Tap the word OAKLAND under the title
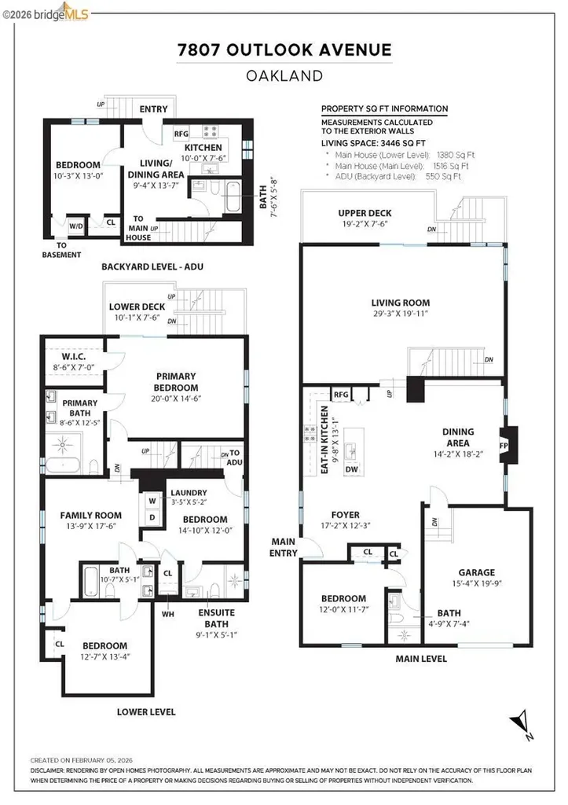tap(284, 76)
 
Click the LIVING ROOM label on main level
tap(400, 303)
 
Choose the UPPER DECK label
tap(364, 213)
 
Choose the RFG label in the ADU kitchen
tap(181, 134)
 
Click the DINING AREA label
tap(458, 436)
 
